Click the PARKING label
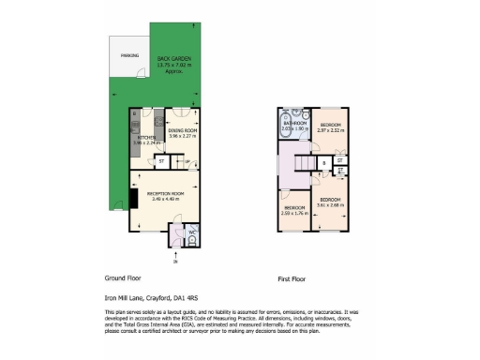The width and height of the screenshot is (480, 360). (x=129, y=56)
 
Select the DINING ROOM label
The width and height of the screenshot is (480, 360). (x=182, y=131)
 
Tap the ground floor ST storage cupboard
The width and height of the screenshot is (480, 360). (x=161, y=160)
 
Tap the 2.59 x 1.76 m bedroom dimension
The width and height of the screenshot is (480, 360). (x=294, y=212)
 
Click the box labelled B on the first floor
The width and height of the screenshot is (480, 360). (x=324, y=163)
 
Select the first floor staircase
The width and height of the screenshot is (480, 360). (x=302, y=166)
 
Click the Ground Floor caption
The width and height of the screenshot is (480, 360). (x=124, y=279)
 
